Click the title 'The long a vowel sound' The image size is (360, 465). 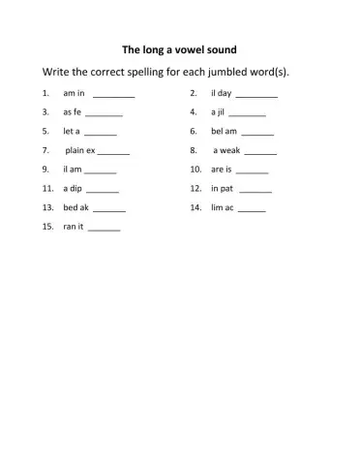180,48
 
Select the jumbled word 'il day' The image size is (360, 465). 221,94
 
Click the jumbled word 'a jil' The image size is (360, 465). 219,112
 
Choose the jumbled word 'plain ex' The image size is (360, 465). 80,151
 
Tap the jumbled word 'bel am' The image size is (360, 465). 224,132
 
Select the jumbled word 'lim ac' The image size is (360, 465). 222,208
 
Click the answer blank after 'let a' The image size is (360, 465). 101,134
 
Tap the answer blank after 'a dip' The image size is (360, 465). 103,191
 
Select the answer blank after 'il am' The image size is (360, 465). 100,172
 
